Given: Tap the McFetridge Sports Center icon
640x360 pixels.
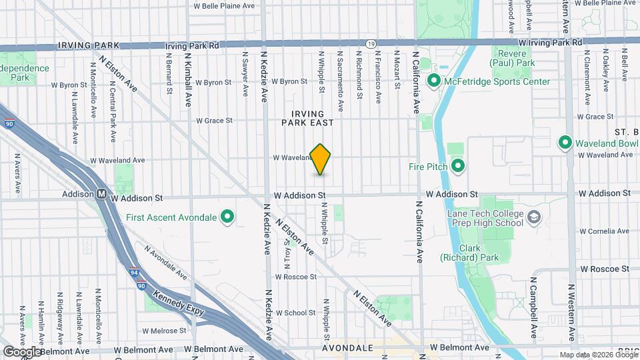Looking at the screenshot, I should (x=434, y=81).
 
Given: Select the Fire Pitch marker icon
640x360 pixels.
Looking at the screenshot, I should (x=458, y=165).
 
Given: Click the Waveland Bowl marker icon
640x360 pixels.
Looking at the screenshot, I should (x=565, y=142).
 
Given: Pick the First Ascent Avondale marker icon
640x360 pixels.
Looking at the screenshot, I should (x=227, y=217).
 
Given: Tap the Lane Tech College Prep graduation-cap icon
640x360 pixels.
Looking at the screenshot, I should (x=534, y=217).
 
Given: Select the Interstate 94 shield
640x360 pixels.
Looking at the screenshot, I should (x=135, y=272).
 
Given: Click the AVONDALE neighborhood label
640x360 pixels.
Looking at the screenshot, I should (x=347, y=348).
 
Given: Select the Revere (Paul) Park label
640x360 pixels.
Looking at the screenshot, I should (x=513, y=58).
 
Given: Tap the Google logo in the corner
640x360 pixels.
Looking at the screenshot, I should (x=22, y=351).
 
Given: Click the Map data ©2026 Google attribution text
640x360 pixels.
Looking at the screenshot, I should (x=598, y=355).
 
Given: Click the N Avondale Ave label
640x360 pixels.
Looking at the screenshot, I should (x=164, y=267).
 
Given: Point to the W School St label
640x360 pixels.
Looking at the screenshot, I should (x=295, y=313).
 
